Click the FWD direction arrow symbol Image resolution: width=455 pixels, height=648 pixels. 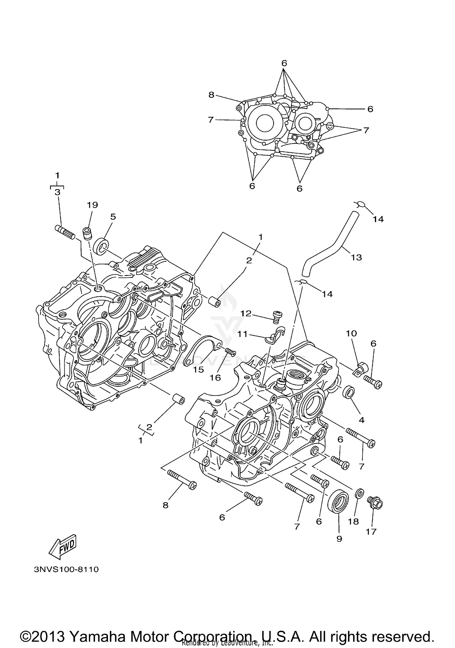(x=63, y=547)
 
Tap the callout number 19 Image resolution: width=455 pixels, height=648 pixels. (x=93, y=205)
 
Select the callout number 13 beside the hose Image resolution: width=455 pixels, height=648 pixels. (x=356, y=257)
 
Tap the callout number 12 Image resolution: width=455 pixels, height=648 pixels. (x=246, y=313)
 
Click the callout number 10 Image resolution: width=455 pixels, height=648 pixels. (x=351, y=333)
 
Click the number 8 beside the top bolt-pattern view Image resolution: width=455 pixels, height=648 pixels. (x=211, y=95)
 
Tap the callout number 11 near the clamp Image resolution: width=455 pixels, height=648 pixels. (x=242, y=334)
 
